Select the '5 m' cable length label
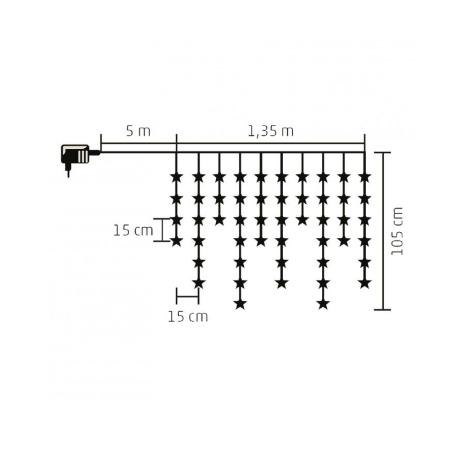pyautogui.click(x=138, y=131)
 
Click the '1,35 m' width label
pyautogui.click(x=271, y=131)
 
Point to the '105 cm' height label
pyautogui.click(x=397, y=231)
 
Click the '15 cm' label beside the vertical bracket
pyautogui.click(x=133, y=230)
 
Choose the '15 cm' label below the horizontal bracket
pyautogui.click(x=188, y=316)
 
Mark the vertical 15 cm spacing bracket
pyautogui.click(x=162, y=230)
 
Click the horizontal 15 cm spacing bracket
pyautogui.click(x=188, y=296)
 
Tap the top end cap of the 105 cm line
pyautogui.click(x=383, y=152)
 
